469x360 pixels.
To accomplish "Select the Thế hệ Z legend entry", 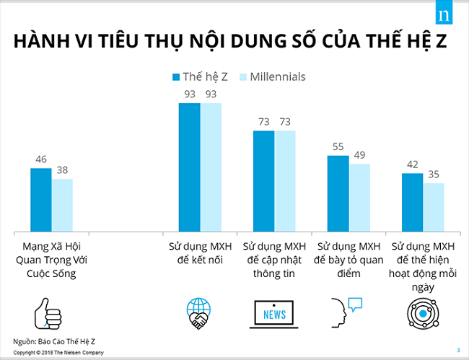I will pos(200,76).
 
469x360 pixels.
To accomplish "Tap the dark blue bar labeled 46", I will pos(41,200).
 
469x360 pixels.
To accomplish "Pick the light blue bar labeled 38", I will pos(62,205).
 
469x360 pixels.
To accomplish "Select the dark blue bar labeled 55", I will pos(338,193).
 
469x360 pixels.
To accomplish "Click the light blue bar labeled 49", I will pos(359,198).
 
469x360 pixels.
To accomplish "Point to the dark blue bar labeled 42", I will pos(412,203).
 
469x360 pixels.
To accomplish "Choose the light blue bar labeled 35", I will pos(434,208).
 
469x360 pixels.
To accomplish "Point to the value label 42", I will pos(412,164).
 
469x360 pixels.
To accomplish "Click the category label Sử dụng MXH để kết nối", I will pos(200,253).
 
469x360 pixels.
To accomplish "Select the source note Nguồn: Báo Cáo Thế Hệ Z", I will pos(49,340).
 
